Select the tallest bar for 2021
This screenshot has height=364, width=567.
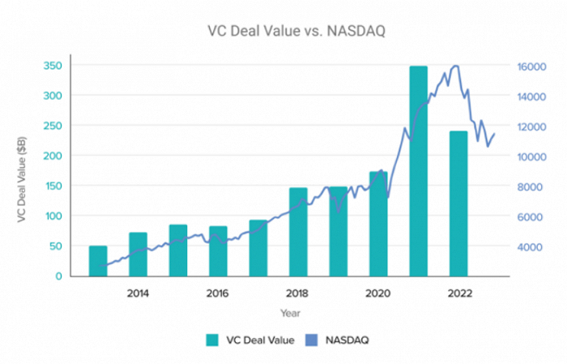pos(418,171)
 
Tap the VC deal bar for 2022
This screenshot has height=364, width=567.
pos(458,203)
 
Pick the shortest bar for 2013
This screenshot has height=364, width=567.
pos(98,261)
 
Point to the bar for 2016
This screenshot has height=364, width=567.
pos(218,251)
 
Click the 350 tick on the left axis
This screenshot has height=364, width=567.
pos(51,66)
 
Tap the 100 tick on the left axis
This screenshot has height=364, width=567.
pos(51,216)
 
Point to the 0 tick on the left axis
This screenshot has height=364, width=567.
pos(57,276)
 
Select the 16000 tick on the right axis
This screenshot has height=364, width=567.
pos(531,66)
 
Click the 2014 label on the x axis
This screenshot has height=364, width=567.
pos(138,293)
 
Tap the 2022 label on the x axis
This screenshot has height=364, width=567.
pos(458,293)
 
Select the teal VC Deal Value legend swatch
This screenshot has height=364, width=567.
pos(211,340)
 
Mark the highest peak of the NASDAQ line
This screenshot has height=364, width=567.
pos(456,66)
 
